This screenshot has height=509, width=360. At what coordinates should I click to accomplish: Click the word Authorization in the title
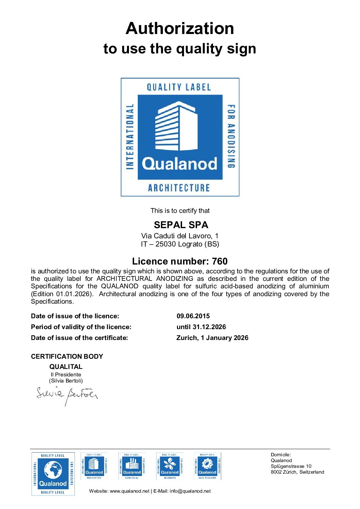tap(180, 28)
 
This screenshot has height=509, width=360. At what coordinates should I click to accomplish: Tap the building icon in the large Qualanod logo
tap(176, 126)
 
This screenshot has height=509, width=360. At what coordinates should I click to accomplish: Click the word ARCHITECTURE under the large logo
tap(179, 188)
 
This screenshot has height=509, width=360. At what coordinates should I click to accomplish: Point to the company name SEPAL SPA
tap(181, 225)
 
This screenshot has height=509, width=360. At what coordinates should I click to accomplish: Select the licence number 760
tap(219, 261)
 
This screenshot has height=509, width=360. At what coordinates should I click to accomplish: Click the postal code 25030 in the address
tap(166, 244)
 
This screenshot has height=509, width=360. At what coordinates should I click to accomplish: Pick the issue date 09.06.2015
tap(193, 316)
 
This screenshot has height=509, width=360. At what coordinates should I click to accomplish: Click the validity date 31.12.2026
tap(209, 327)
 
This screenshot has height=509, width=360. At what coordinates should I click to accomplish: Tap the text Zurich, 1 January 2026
tap(212, 338)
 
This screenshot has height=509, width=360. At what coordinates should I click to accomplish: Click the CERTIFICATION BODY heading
tap(67, 356)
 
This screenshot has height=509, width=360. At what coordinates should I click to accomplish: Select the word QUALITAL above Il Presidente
tap(66, 367)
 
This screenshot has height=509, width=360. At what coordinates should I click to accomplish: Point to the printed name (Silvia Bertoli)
tap(66, 381)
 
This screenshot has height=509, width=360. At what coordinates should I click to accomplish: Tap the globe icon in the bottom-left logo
tap(53, 470)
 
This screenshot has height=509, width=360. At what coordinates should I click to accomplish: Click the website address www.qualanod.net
tap(129, 491)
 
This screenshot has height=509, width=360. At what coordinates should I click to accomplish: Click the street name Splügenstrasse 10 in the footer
tap(291, 466)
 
